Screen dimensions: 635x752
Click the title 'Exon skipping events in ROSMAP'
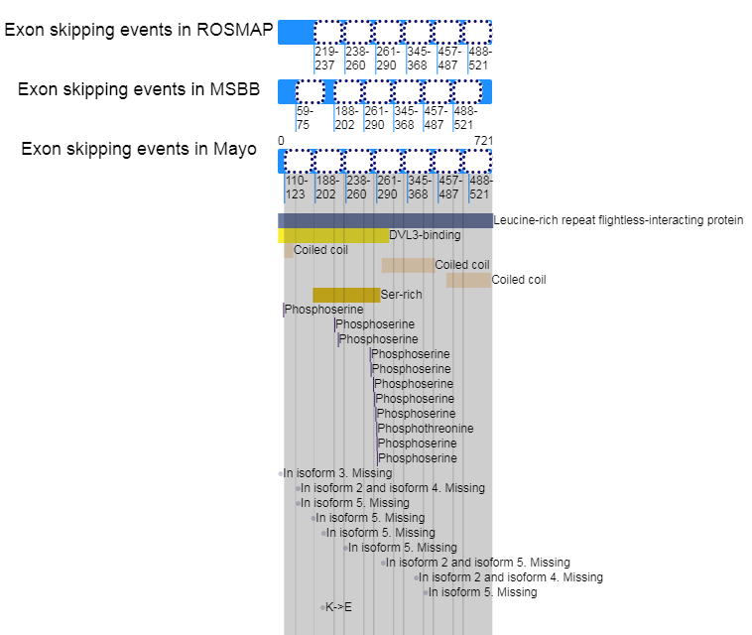(x=139, y=30)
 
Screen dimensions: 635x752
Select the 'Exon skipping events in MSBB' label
(x=139, y=90)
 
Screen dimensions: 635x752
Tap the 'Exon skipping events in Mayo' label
(x=139, y=150)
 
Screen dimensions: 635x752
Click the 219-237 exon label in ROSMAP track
(x=324, y=59)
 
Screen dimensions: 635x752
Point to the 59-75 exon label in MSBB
(x=305, y=118)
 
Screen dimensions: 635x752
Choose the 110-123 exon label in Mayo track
(x=296, y=188)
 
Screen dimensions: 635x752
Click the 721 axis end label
(x=483, y=141)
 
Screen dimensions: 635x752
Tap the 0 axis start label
(x=281, y=141)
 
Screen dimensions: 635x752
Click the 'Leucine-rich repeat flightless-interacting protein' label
(x=617, y=220)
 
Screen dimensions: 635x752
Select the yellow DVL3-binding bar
(x=333, y=236)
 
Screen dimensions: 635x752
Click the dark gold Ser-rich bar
(x=346, y=295)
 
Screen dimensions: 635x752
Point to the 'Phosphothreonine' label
(x=426, y=429)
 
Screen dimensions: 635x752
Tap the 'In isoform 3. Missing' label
(x=337, y=473)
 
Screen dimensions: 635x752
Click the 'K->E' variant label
(x=338, y=607)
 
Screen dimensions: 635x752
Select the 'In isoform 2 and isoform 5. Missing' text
(x=477, y=563)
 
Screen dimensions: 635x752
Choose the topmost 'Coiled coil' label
(x=320, y=250)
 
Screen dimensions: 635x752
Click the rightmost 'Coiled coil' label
(x=518, y=280)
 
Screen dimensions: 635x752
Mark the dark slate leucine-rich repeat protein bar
(x=385, y=220)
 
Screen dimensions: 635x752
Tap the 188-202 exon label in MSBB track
(x=345, y=118)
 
